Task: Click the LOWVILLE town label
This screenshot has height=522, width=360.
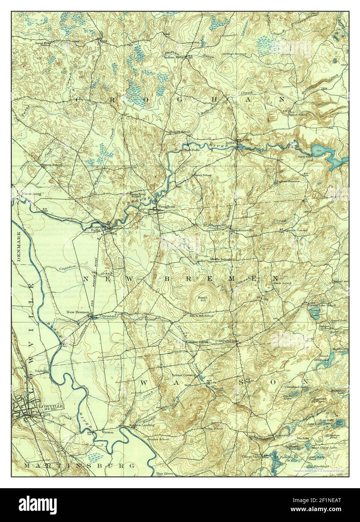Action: [51, 406]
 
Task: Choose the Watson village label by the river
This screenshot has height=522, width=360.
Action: [107, 432]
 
